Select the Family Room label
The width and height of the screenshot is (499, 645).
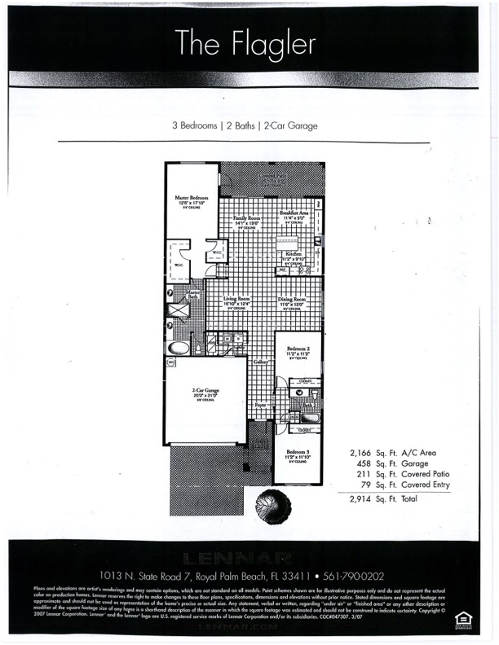(247, 218)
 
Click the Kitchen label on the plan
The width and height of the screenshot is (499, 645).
(293, 254)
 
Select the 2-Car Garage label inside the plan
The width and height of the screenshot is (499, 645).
(204, 390)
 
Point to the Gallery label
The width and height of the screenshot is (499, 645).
(261, 361)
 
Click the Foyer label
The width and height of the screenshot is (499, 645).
(259, 405)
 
